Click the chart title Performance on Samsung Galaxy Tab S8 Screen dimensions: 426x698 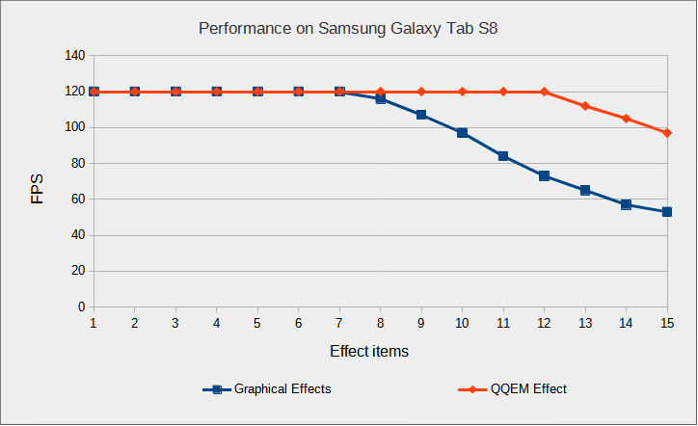348,28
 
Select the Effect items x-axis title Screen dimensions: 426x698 369,352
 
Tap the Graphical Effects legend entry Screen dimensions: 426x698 282,389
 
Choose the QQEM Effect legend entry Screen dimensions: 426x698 528,389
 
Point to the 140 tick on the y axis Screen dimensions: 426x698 74,56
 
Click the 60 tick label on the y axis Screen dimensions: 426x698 77,200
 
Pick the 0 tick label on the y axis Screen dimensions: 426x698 81,307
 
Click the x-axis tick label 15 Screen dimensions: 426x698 667,323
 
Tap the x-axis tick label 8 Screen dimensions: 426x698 380,323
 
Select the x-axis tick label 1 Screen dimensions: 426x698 94,323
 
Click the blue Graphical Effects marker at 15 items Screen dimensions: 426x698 667,212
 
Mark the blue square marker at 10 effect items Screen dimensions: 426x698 463,133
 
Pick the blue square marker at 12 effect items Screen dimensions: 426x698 545,176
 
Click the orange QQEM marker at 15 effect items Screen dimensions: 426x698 667,133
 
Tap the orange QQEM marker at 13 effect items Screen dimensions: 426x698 585,106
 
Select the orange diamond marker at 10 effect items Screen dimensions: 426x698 463,92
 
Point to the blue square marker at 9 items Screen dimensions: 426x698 421,115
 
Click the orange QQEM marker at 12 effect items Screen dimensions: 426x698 545,92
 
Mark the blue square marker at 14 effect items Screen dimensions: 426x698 627,204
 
